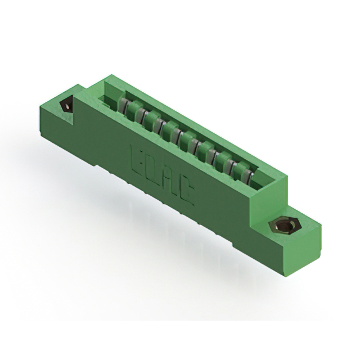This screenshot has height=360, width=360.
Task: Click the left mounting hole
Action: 66,106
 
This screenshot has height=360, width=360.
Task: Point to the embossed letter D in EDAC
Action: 154,169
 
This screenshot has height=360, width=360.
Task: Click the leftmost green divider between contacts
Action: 133,109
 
